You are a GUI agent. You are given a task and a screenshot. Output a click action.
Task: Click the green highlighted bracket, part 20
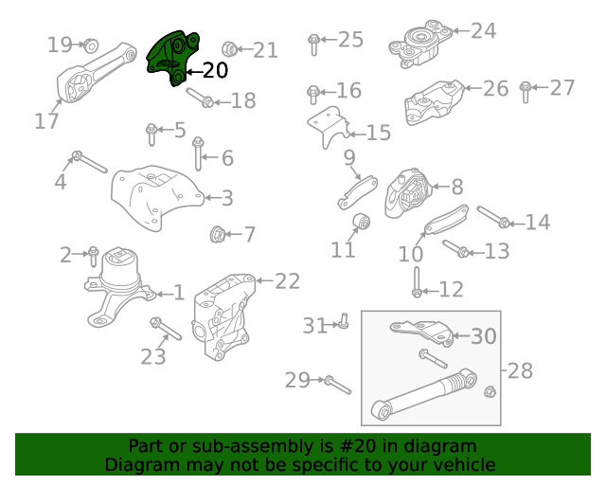(x=172, y=58)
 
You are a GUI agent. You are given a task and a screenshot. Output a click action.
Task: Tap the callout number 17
(x=46, y=121)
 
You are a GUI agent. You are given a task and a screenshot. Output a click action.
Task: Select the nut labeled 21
(x=229, y=48)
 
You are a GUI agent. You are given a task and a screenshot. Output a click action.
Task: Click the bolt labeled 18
(x=200, y=98)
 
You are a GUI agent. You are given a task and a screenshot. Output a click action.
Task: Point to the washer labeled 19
(x=91, y=45)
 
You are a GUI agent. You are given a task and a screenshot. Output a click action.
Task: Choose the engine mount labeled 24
(x=420, y=45)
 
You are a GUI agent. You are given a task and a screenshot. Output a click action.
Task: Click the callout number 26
(x=495, y=88)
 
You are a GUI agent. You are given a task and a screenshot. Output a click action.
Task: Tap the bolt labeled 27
(x=525, y=92)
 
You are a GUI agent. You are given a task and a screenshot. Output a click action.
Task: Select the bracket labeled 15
(x=329, y=127)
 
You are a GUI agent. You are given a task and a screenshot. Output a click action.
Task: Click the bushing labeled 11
(x=362, y=223)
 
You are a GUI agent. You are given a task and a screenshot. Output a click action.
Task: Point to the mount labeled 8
(x=408, y=193)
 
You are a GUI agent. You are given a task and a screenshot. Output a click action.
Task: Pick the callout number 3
(x=227, y=198)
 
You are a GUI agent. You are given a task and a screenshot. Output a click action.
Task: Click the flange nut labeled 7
(x=218, y=234)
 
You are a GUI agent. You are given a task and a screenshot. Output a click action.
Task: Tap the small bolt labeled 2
(x=93, y=257)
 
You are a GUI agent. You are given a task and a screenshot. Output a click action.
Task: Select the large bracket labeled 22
(x=223, y=316)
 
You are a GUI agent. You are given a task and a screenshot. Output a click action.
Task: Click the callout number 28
(x=520, y=370)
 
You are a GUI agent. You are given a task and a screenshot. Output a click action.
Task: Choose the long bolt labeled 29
(x=338, y=385)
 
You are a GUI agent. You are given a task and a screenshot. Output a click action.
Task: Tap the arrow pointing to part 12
(x=431, y=291)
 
